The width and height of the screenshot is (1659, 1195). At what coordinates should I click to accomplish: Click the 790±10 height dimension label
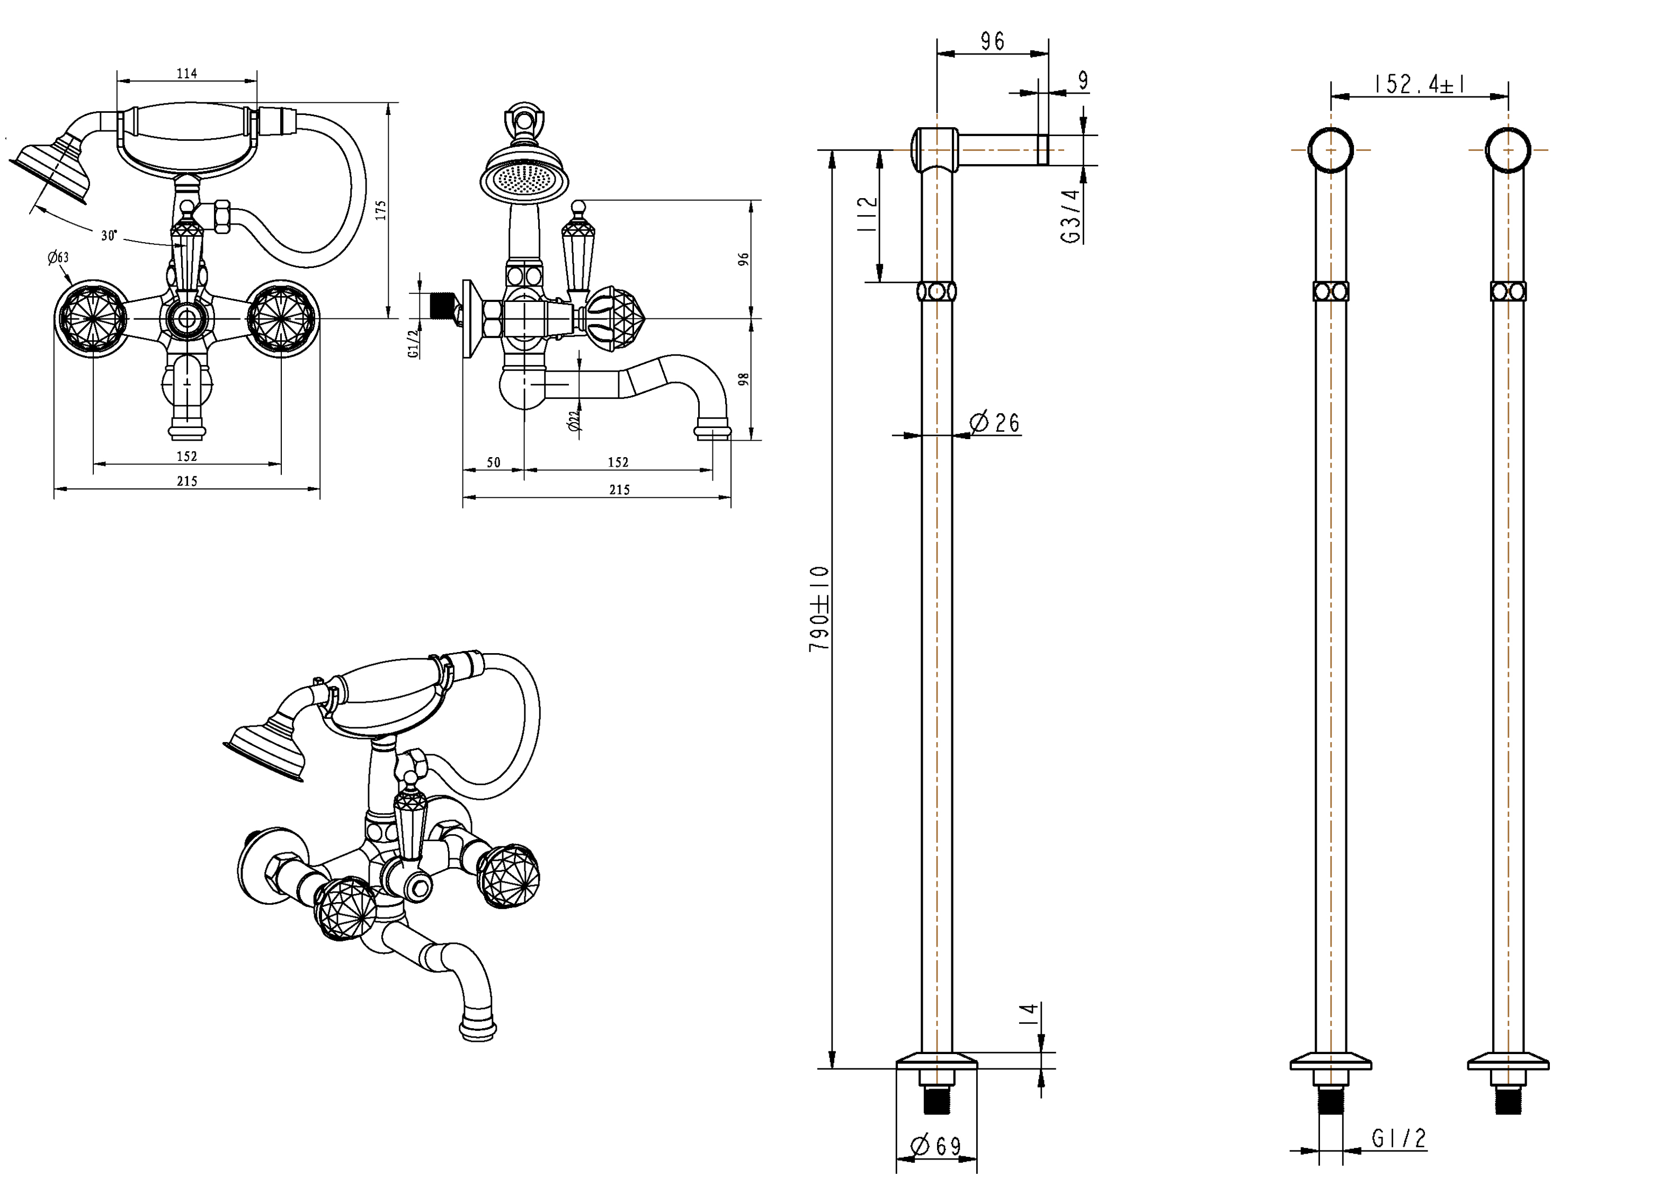[x=819, y=609]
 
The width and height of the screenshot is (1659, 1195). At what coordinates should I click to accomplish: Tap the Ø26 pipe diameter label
[x=994, y=422]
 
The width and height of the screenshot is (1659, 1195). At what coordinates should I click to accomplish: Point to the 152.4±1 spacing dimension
[x=1419, y=84]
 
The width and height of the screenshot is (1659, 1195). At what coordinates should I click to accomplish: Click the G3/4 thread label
[x=1070, y=216]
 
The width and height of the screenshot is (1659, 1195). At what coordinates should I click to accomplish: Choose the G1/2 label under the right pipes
[x=1398, y=1138]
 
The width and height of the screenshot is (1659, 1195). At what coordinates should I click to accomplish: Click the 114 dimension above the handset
[x=186, y=73]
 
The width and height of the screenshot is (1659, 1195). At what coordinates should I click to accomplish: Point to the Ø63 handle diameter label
[x=58, y=257]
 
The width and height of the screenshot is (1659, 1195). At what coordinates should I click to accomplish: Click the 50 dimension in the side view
[x=494, y=462]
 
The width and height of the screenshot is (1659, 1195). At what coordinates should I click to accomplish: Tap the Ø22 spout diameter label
[x=574, y=421]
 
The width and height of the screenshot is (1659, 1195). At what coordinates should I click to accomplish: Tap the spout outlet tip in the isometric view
[x=478, y=1031]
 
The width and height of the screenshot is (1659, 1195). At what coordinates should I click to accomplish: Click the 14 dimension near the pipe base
[x=1030, y=1014]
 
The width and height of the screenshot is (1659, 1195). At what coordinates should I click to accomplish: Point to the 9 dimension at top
[x=1083, y=81]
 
